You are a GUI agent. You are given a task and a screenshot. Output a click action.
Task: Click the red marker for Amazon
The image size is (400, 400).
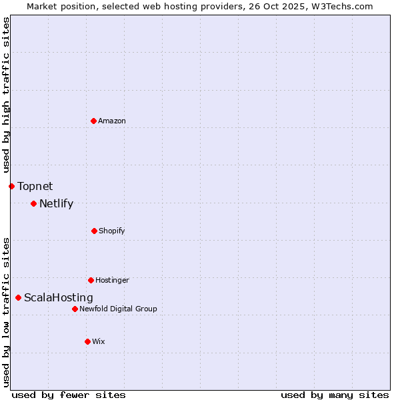(93, 121)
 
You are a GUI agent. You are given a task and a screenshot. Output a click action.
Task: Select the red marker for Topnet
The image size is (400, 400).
(11, 186)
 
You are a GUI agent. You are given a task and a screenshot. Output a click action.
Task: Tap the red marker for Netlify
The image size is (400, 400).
(33, 203)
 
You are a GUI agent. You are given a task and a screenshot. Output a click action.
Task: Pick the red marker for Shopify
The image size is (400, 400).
(94, 231)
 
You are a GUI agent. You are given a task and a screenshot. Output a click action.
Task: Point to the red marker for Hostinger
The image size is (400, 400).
(91, 280)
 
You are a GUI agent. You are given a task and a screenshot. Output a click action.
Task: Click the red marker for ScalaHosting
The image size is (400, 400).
(18, 297)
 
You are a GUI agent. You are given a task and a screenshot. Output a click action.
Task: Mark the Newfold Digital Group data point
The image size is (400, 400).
(75, 309)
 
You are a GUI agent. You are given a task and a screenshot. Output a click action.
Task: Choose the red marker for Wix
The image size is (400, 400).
(87, 341)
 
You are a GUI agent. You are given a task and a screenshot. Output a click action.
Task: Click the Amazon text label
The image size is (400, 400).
(112, 121)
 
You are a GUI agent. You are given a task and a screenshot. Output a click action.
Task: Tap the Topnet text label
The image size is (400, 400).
(35, 186)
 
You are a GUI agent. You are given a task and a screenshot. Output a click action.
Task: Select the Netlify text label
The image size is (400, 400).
(56, 203)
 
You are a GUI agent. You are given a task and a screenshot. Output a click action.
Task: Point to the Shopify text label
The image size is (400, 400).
(112, 231)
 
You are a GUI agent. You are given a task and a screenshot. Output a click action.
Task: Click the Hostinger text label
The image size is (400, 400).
(112, 280)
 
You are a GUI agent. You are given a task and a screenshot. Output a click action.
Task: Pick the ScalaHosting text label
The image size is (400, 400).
(59, 297)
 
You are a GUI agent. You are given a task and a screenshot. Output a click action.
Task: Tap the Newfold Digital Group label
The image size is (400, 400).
(118, 309)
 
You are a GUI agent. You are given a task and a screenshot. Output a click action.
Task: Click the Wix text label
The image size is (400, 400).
(99, 341)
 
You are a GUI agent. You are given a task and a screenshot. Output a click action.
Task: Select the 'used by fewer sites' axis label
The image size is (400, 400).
(69, 395)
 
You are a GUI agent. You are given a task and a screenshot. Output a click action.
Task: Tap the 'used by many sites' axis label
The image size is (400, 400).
(335, 395)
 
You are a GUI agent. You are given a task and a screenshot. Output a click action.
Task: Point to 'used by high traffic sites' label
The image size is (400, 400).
(6, 95)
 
